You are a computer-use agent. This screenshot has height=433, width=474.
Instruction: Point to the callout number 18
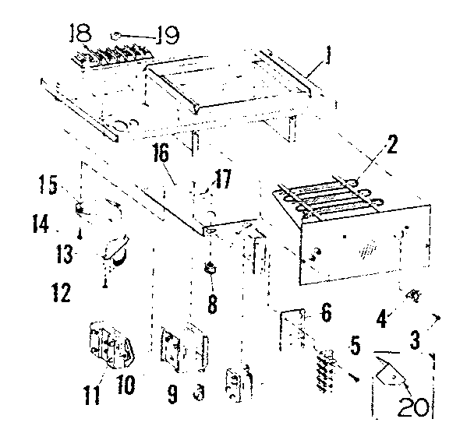[80, 33]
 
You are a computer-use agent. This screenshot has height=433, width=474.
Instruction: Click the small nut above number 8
[210, 269]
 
